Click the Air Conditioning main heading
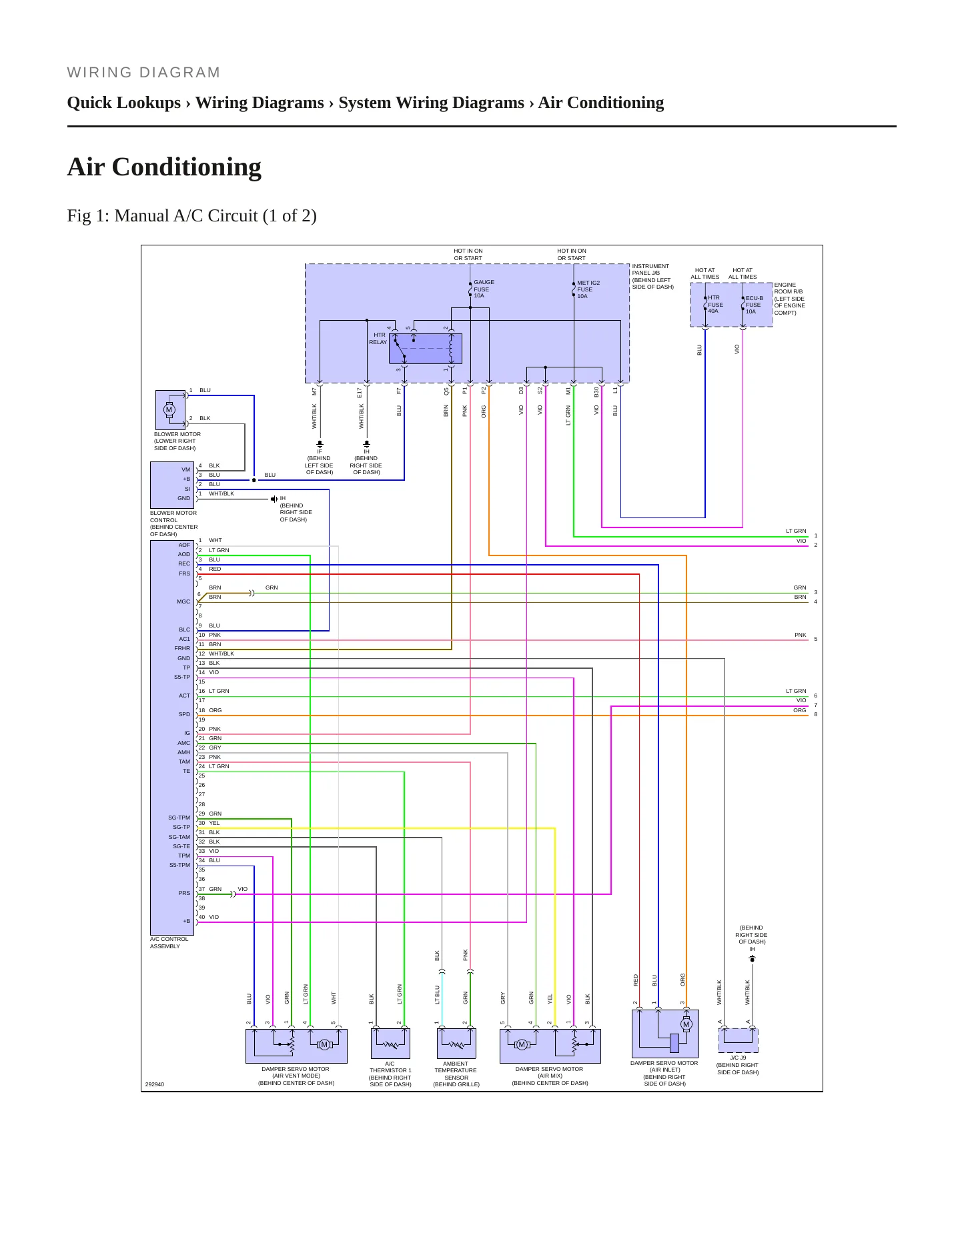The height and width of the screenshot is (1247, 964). click(164, 167)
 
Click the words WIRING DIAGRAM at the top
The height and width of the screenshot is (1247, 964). click(143, 73)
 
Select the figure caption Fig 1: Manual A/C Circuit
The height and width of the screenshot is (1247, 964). click(191, 216)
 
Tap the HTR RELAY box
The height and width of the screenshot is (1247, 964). click(425, 349)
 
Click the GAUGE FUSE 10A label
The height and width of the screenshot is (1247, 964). click(484, 289)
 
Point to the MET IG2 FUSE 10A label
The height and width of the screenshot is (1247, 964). click(588, 289)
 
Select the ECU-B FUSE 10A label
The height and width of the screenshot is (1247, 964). click(754, 305)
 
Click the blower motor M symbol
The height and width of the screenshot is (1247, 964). click(169, 409)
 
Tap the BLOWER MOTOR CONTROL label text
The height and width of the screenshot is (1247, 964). click(173, 523)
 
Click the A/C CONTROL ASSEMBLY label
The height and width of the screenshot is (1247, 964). click(169, 942)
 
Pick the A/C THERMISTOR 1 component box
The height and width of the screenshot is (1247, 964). click(390, 1043)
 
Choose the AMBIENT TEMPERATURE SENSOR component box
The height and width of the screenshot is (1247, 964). click(456, 1043)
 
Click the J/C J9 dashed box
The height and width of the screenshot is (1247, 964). click(738, 1040)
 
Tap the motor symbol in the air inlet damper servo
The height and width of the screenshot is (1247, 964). click(686, 1024)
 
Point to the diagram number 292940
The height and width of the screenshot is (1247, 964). click(155, 1084)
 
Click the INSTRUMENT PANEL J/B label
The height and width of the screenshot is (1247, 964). click(652, 276)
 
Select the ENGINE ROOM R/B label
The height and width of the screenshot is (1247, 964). click(790, 299)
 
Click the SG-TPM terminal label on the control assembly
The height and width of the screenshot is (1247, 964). click(179, 818)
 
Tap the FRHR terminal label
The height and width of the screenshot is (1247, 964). click(182, 648)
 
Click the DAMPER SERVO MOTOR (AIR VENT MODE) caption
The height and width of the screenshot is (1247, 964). click(296, 1076)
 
